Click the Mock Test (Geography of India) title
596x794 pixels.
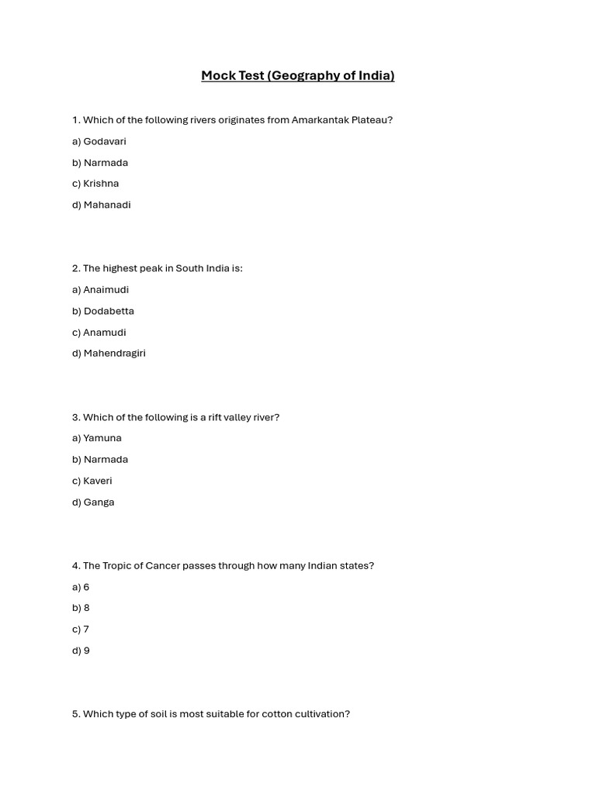(x=297, y=75)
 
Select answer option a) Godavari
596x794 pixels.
(x=99, y=141)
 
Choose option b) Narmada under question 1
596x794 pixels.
(x=100, y=162)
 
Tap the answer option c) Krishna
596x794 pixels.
(x=95, y=184)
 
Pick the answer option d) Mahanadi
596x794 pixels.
(x=101, y=205)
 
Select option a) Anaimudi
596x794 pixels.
(x=100, y=289)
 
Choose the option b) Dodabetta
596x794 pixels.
(x=103, y=311)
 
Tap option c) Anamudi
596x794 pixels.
(x=99, y=332)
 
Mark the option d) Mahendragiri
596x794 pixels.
(x=109, y=353)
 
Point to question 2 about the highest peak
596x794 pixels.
(x=157, y=268)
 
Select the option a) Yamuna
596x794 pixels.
(x=97, y=438)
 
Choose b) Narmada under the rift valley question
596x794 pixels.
(x=100, y=459)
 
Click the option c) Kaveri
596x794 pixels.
(x=92, y=481)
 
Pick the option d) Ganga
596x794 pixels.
(x=93, y=502)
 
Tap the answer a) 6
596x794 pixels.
(x=81, y=587)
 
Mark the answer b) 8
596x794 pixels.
(x=81, y=608)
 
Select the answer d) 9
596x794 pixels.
(x=81, y=651)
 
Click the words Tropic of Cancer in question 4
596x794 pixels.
(x=141, y=566)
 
